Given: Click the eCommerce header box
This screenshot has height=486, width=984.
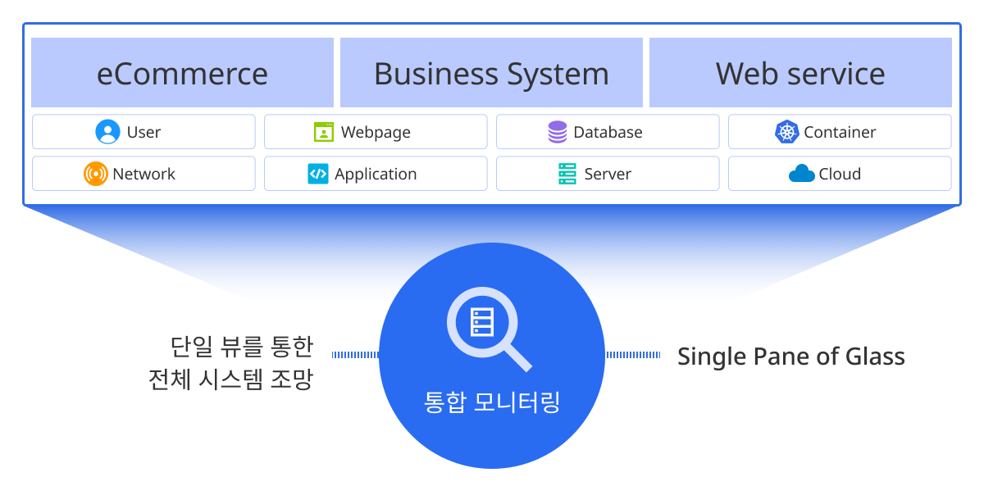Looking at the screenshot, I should coord(182,73).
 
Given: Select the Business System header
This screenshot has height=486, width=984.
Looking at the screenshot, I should coord(491,73).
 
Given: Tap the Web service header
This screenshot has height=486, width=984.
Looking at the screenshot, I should coord(800,73).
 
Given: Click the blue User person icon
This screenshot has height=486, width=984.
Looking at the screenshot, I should coord(107,132).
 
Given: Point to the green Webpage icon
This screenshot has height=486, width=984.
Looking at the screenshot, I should coord(324,132).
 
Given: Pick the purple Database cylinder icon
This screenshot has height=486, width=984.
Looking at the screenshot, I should coord(558,132).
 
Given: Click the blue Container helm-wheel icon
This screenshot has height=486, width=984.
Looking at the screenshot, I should coord(787,132).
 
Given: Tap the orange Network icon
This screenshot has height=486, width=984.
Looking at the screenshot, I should coord(96,174).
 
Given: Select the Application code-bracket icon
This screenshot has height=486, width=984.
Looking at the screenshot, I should coord(318,174).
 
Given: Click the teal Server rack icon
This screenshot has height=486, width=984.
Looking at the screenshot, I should coord(567,174).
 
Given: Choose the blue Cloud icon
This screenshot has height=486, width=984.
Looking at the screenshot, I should coord(801,174).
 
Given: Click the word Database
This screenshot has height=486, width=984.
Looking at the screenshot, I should coord(608,132).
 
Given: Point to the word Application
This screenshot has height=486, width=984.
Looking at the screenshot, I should coord(376,174).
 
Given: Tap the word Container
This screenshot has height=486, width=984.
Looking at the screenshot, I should coord(840,132).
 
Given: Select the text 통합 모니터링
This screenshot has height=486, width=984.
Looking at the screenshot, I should coord(492,402).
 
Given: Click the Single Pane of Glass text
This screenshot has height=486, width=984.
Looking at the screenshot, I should coord(790,357).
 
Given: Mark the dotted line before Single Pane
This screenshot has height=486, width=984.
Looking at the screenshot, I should coord(633,355).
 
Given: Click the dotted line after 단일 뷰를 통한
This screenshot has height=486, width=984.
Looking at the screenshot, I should coord(355,355).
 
